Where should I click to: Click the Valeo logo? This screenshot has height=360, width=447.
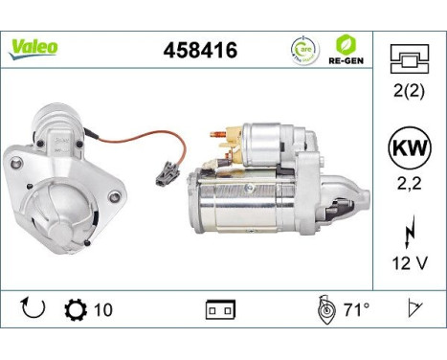click(34, 48)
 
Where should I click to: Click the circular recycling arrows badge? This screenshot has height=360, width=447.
click(303, 49)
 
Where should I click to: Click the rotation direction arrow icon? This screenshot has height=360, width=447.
click(32, 309)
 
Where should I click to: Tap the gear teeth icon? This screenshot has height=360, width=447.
click(75, 309)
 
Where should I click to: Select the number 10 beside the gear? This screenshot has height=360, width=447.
click(104, 309)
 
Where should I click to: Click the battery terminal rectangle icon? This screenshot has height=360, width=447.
click(220, 310)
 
